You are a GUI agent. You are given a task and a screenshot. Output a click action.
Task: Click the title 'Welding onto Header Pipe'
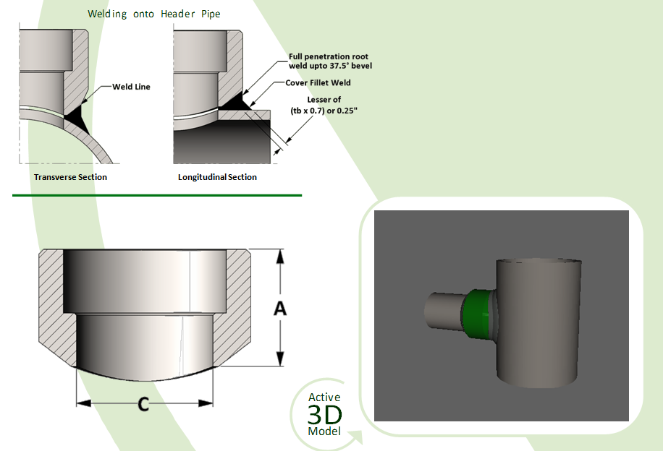[x=153, y=14]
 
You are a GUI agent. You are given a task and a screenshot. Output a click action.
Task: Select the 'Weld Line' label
[x=131, y=87]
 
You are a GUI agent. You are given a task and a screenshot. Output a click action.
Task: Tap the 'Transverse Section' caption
[x=70, y=177]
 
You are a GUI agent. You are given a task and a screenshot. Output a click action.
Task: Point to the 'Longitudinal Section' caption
[x=217, y=177]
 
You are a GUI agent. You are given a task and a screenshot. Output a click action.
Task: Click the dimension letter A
[x=279, y=309]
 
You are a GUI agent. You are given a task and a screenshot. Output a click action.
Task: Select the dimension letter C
[x=143, y=405]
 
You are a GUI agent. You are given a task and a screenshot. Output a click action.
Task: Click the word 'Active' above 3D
[x=324, y=398]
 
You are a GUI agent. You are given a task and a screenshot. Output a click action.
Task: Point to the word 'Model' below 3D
[x=324, y=431]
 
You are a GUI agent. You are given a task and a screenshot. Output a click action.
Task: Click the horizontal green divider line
[x=156, y=195]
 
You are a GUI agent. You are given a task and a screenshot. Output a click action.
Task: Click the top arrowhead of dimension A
[x=279, y=254]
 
